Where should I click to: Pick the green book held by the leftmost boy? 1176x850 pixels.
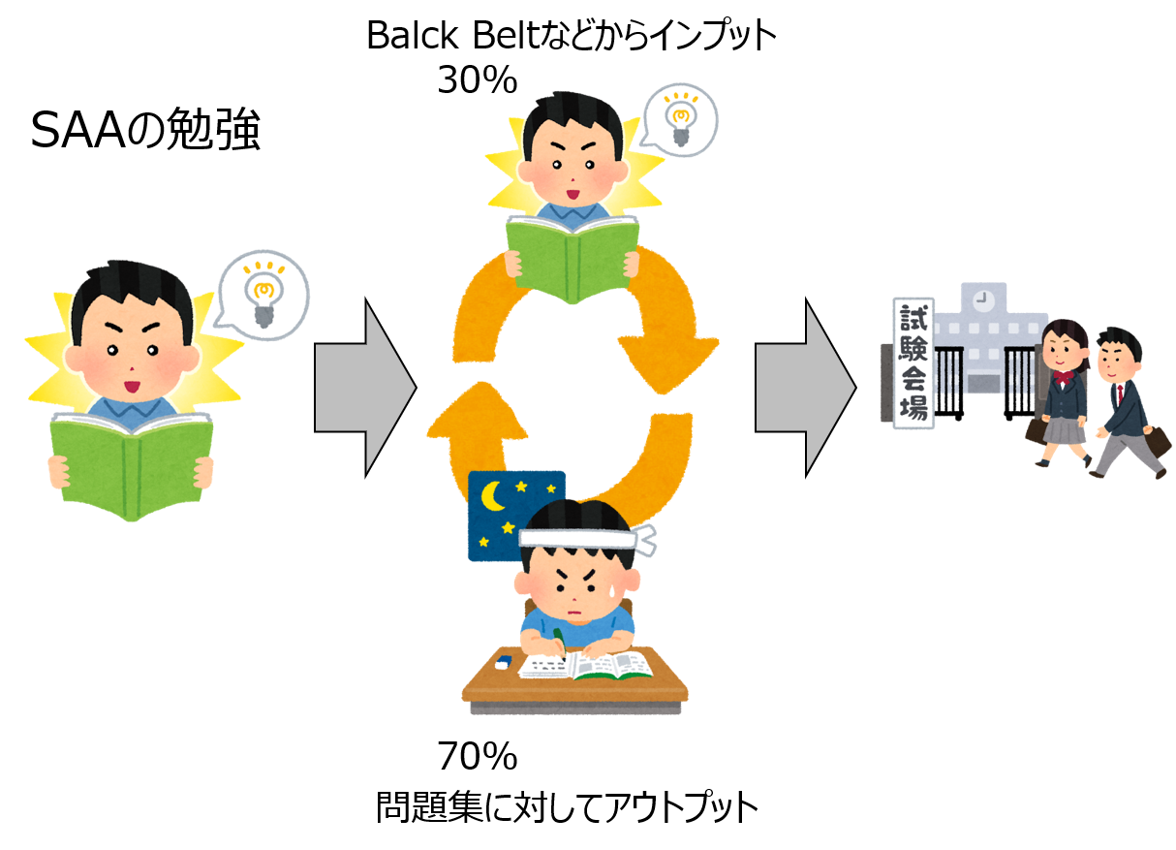click(x=133, y=463)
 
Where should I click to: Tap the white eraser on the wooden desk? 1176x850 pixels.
click(x=503, y=663)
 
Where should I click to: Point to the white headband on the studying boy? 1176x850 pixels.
click(x=581, y=536)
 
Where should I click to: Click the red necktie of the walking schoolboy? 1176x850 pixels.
click(x=1121, y=394)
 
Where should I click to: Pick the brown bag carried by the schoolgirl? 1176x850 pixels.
click(x=1037, y=429)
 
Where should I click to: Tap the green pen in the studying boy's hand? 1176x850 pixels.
click(x=558, y=636)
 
